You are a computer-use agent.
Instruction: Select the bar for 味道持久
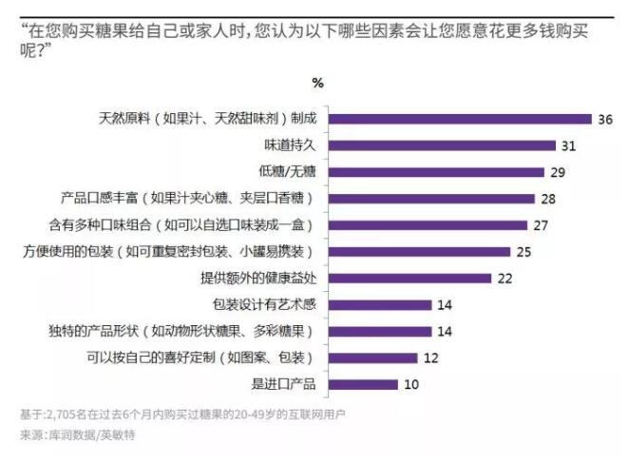click(442, 145)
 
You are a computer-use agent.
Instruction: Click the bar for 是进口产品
click(362, 385)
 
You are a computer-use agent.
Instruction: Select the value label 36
click(604, 119)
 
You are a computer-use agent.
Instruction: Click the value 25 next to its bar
click(523, 252)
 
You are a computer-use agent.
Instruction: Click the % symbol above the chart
click(317, 83)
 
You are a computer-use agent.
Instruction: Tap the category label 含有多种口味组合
click(181, 225)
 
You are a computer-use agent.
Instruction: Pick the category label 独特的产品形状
click(181, 332)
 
